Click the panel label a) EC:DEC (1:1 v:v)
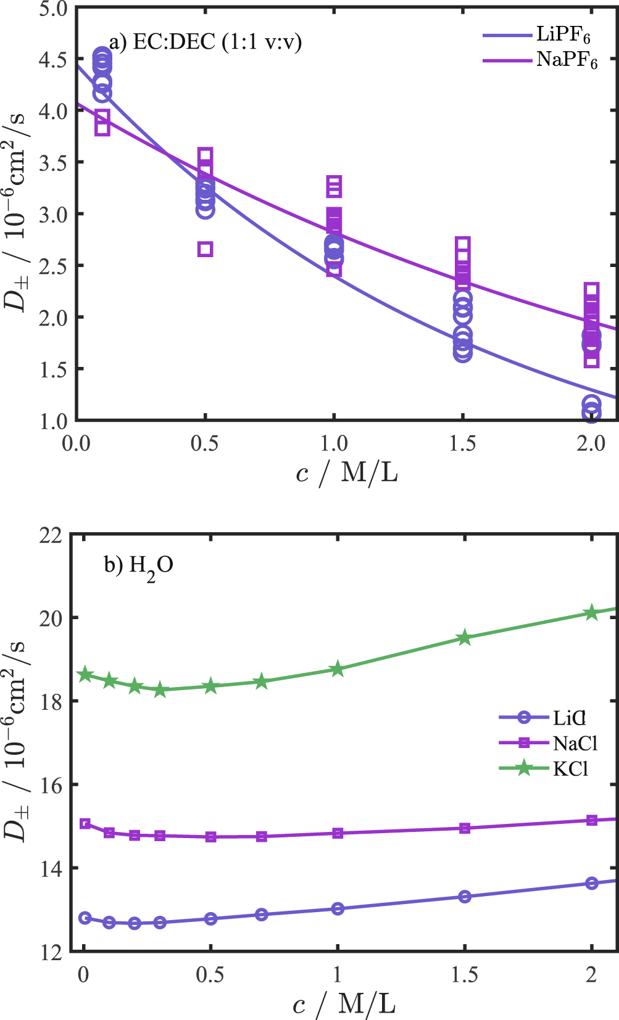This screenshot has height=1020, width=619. (x=205, y=42)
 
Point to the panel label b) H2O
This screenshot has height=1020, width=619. (x=138, y=566)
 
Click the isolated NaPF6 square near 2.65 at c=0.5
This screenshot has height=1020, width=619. (x=206, y=249)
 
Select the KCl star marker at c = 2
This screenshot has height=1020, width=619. (x=592, y=612)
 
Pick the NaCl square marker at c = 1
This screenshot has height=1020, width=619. (x=338, y=833)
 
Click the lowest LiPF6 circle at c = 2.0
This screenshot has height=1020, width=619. (x=591, y=414)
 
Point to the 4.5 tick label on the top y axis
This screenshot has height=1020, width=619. (x=53, y=60)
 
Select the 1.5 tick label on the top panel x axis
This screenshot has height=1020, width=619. (x=463, y=443)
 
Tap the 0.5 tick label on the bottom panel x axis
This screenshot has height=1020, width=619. (x=210, y=974)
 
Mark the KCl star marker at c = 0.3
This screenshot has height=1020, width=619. (x=160, y=690)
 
